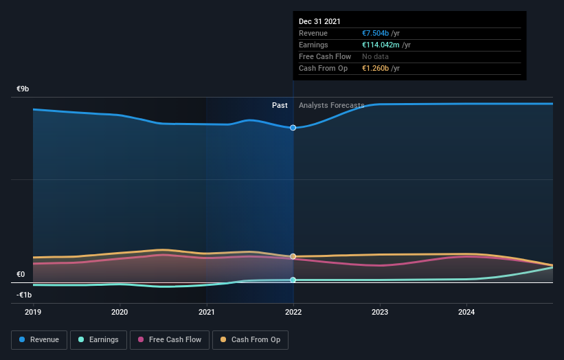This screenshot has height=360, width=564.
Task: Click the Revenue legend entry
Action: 40,339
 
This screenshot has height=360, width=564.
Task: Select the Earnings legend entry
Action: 99,339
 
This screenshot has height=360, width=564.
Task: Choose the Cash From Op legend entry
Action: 251,339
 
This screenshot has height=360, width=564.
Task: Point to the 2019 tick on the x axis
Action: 33,311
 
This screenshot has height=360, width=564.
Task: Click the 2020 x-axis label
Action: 120,311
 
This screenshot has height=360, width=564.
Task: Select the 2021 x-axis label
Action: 207,311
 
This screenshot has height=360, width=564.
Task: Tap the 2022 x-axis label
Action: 293,311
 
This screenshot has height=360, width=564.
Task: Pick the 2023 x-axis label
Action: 380,311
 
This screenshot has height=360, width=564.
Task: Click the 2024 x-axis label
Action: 467,311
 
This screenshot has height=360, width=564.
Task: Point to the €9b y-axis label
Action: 23,89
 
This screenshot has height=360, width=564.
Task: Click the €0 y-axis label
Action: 21,275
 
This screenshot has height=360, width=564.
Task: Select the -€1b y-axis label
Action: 25,295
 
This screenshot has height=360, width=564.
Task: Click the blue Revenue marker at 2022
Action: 293,128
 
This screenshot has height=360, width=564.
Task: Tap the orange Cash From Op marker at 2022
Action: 293,256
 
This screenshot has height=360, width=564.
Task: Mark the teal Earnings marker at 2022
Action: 293,280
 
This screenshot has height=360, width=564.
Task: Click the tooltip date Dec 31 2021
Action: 319,22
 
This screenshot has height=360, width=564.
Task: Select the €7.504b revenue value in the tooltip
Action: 376,33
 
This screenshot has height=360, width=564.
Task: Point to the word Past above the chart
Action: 280,105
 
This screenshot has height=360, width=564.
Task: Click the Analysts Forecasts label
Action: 332,105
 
